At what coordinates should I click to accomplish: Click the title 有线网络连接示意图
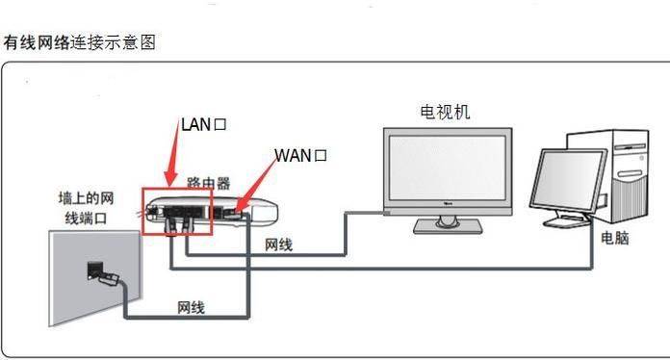pos(79,43)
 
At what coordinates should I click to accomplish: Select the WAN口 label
pos(301,155)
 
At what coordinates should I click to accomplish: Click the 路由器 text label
pos(208,182)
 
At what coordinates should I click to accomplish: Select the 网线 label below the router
pos(278,245)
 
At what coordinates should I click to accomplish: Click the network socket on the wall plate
pos(98,269)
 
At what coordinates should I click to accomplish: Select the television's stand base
pos(447,227)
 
